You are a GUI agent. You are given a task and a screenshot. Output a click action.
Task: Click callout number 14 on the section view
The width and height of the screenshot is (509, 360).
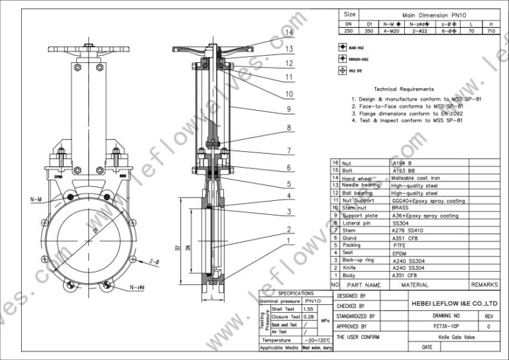click(x=288, y=32)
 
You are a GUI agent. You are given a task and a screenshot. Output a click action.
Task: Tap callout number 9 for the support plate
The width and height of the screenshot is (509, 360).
click(x=288, y=109)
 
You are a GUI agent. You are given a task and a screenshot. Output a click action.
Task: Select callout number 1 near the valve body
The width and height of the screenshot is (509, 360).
click(x=288, y=242)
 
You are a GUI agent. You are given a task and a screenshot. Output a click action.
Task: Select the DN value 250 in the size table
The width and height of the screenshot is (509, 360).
click(x=349, y=30)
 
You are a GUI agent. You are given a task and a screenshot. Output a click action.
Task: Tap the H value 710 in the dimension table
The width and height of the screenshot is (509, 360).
click(x=490, y=30)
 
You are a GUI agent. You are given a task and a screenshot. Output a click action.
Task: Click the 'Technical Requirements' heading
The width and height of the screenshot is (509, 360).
click(x=404, y=89)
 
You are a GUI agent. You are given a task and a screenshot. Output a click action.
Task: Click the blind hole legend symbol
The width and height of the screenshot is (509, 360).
click(x=343, y=48)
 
